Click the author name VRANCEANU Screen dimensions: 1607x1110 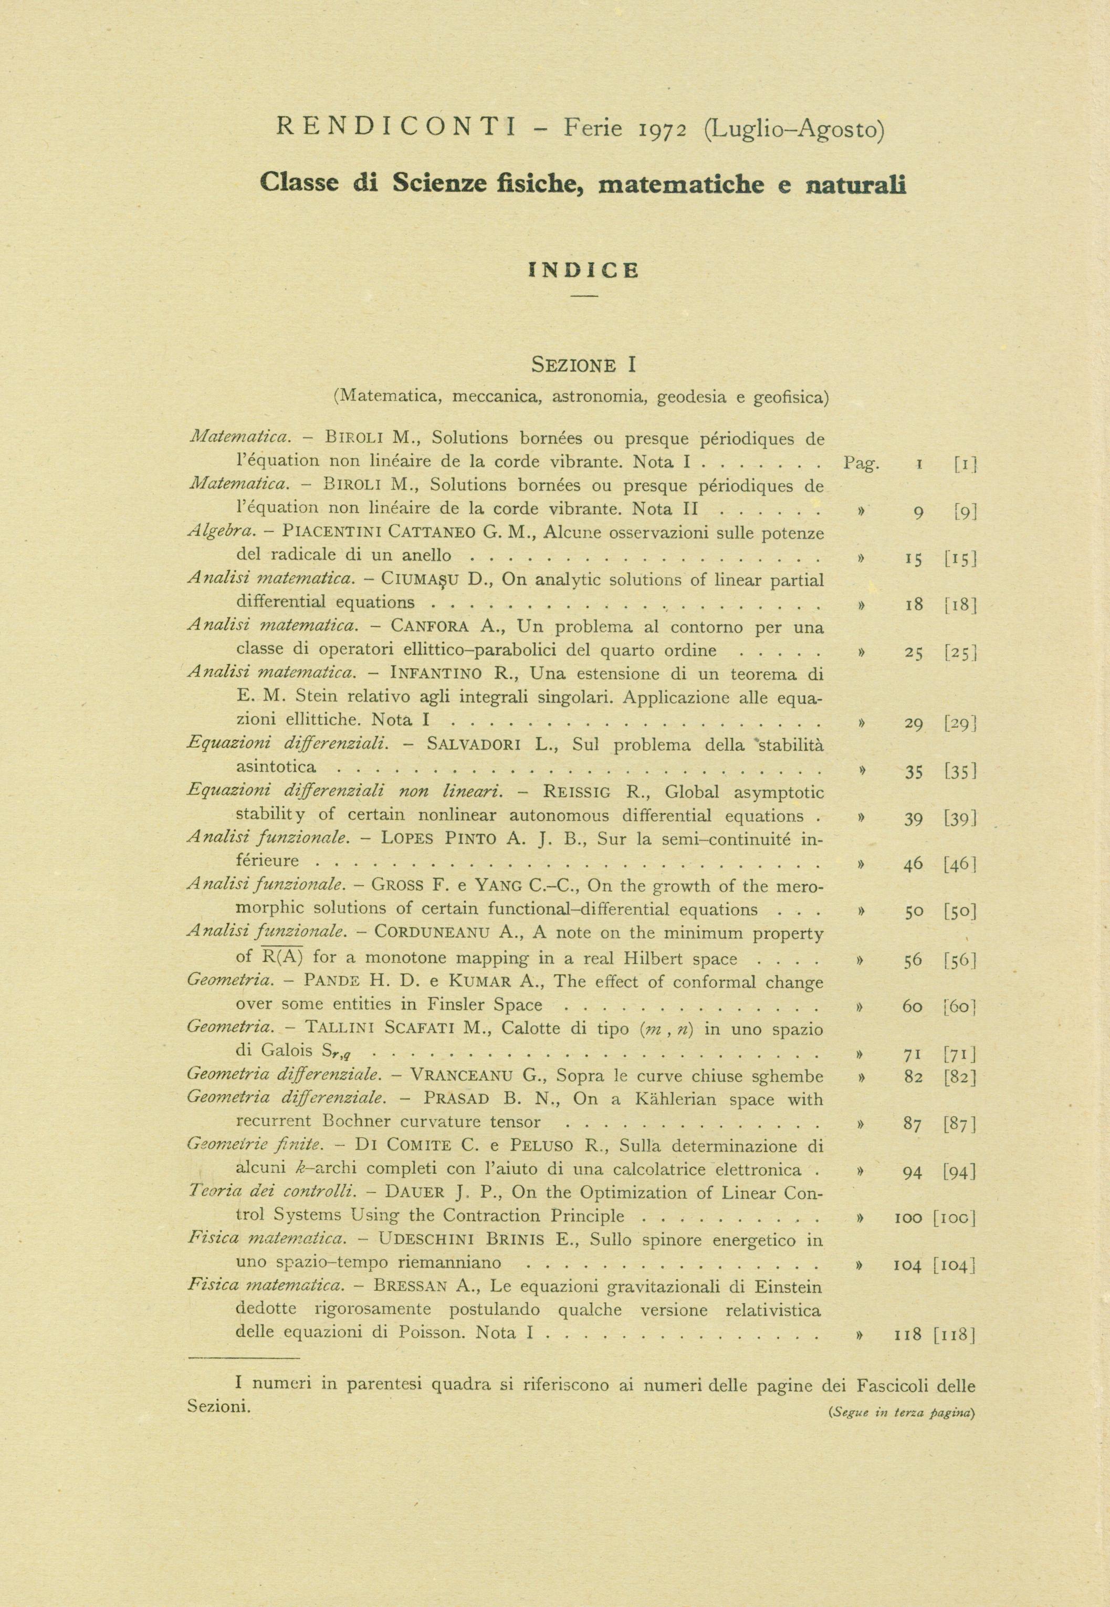463,1076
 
